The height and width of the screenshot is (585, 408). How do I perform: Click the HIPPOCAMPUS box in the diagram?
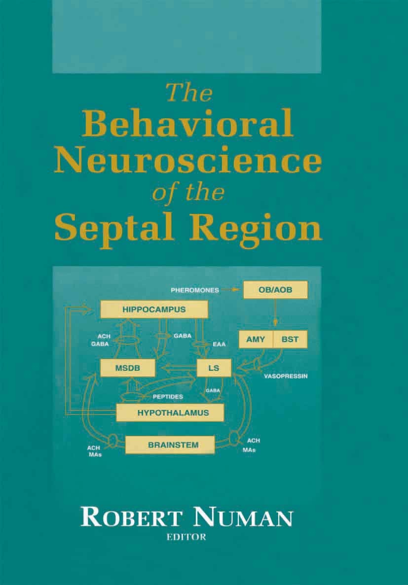click(154, 310)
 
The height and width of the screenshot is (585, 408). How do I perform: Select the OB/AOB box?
click(275, 290)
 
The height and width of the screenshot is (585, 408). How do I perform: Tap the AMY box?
click(256, 339)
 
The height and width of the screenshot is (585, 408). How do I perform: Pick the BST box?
click(290, 339)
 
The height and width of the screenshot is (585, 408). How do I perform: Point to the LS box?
click(214, 368)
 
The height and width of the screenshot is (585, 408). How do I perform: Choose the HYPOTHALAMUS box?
click(170, 413)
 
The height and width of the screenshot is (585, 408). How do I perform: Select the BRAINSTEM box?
click(170, 445)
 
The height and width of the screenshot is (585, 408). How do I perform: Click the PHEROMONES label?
click(195, 290)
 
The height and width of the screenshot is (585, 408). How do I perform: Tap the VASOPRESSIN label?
click(286, 377)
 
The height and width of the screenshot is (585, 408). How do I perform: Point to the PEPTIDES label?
click(168, 397)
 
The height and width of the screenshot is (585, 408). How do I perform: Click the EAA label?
click(220, 344)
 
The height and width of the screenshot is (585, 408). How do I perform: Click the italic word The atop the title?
click(189, 93)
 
